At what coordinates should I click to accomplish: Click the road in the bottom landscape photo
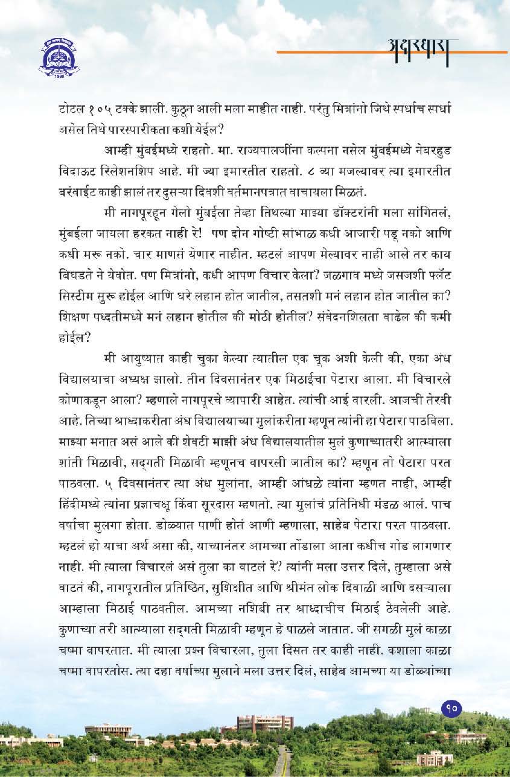coord(280,765)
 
